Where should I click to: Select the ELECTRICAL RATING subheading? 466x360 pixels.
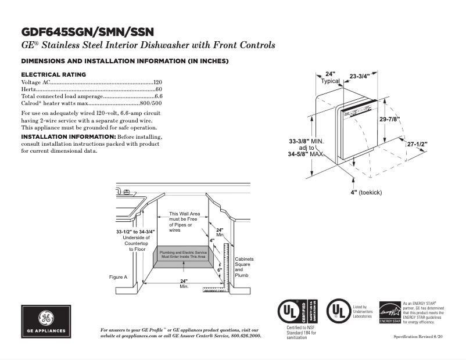[x=53, y=75]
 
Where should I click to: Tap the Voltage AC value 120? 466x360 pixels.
[x=157, y=82]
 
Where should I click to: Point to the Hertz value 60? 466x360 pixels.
[x=159, y=89]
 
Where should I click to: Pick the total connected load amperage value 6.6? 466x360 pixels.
[x=158, y=96]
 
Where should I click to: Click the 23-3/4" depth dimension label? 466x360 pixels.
[x=363, y=75]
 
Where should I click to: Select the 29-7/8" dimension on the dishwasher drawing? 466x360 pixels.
[x=389, y=118]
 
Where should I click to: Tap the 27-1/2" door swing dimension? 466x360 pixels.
[x=417, y=143]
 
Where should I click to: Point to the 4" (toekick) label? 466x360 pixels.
[x=365, y=192]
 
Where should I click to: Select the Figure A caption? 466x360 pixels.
[x=118, y=277]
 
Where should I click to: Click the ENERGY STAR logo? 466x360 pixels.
[x=389, y=312]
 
